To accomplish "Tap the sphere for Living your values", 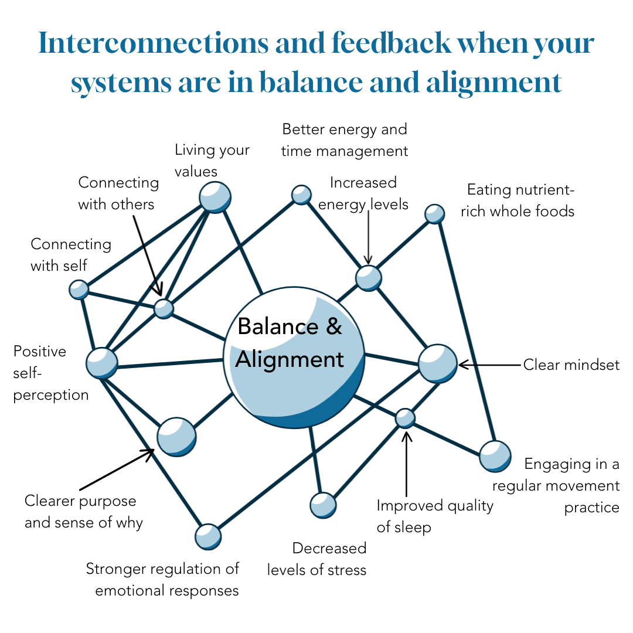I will [x=215, y=197].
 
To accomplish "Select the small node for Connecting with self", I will [x=79, y=289].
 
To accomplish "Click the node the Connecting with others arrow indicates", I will [x=164, y=308].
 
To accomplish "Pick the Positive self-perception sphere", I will [x=102, y=363].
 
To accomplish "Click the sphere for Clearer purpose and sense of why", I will [x=176, y=437].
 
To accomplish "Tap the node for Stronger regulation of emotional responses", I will [x=208, y=536].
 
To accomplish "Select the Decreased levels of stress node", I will [x=323, y=504].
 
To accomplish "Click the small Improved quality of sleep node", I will [x=405, y=418].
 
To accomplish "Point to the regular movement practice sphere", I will [x=495, y=456].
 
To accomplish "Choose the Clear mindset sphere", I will [x=437, y=364].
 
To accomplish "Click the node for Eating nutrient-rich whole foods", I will [x=434, y=214].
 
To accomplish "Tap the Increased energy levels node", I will [x=369, y=278].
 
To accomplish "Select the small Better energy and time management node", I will [x=301, y=194].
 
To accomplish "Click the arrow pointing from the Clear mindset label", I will [x=489, y=365].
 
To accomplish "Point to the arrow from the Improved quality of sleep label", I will [x=406, y=463].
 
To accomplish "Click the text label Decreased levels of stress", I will [x=317, y=559].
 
